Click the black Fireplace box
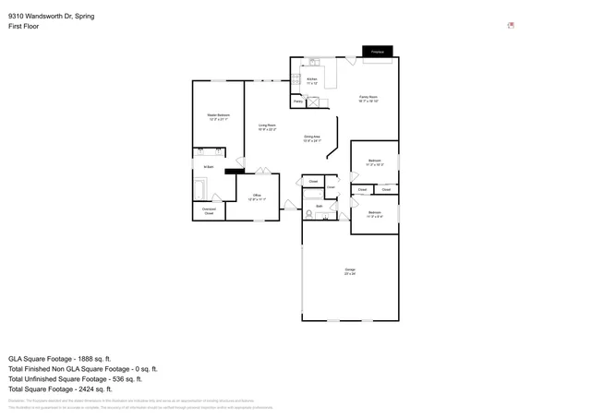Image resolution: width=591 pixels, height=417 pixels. tap(377, 53)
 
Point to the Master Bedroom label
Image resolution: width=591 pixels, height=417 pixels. tap(219, 116)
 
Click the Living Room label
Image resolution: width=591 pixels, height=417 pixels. tap(268, 126)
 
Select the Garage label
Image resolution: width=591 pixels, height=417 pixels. tap(350, 270)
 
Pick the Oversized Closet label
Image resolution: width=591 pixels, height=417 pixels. tap(209, 211)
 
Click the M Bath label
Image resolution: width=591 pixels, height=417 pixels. tap(209, 166)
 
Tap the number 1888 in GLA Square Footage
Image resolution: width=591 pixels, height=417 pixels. tap(92, 358)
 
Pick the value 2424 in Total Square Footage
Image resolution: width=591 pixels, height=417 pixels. tap(95, 388)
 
